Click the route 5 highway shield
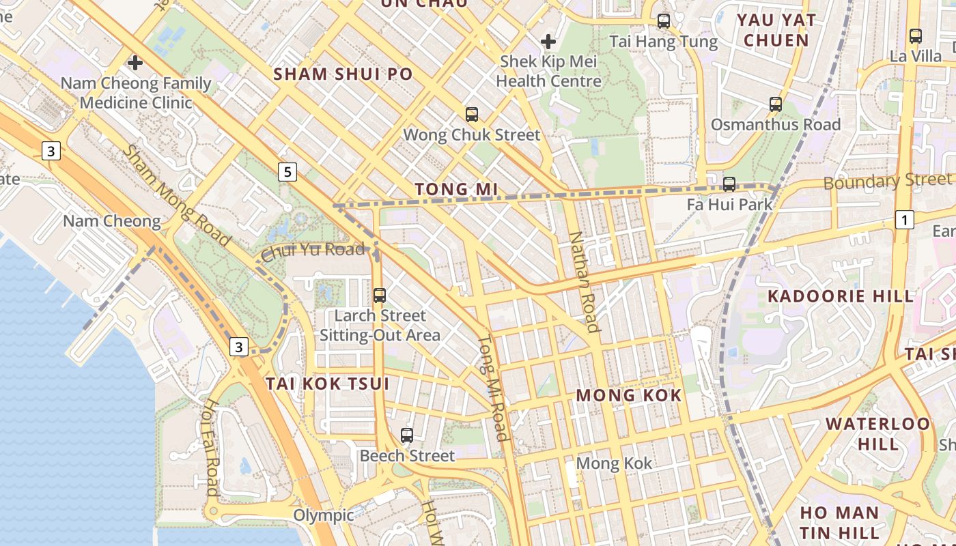click(x=287, y=172)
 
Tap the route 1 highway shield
click(x=904, y=220)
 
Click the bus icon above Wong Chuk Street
click(x=471, y=114)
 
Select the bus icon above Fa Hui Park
click(x=729, y=184)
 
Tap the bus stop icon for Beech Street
click(x=407, y=435)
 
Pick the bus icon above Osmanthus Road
click(x=775, y=104)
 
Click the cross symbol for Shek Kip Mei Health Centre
click(x=548, y=42)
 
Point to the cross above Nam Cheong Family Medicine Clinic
click(x=135, y=63)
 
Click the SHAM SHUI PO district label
click(x=343, y=74)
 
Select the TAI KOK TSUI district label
click(x=328, y=384)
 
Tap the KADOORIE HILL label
click(x=841, y=296)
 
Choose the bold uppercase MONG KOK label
click(x=629, y=395)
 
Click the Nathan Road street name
click(x=585, y=282)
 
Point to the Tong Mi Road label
click(x=492, y=388)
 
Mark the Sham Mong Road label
click(x=175, y=195)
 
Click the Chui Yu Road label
click(x=313, y=250)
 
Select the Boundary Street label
click(x=886, y=181)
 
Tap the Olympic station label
click(x=324, y=515)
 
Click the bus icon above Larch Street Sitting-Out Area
click(x=380, y=296)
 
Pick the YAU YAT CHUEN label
click(x=776, y=30)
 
